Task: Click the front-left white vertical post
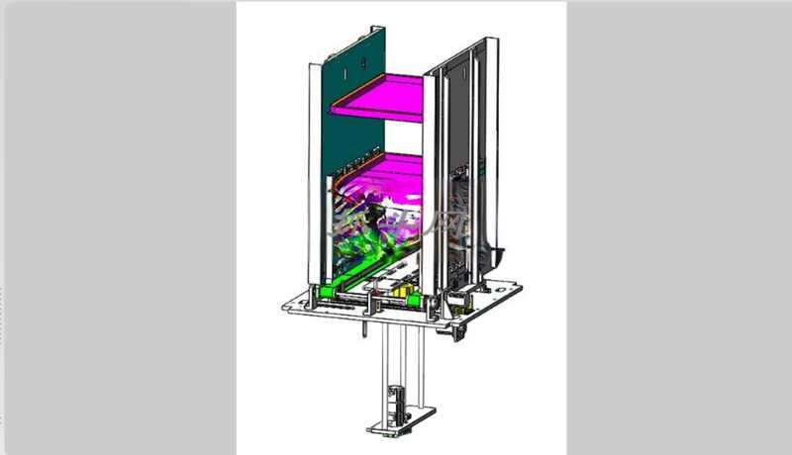pyautogui.click(x=315, y=178)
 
